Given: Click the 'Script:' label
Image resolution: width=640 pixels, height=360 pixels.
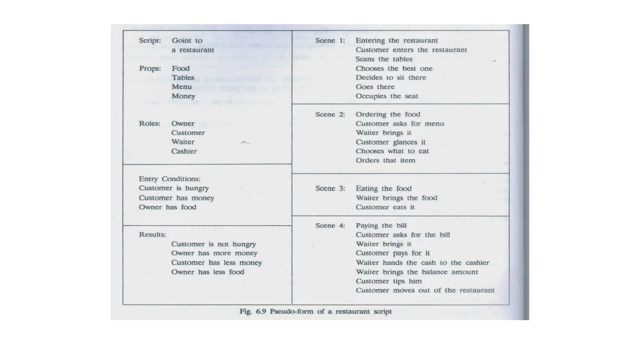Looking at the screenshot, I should click(x=150, y=41).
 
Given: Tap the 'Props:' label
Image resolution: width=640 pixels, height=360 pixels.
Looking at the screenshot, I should click(x=150, y=68).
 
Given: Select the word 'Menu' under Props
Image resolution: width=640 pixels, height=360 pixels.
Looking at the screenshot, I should click(x=182, y=87).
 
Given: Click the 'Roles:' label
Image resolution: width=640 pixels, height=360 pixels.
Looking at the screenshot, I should click(x=150, y=123).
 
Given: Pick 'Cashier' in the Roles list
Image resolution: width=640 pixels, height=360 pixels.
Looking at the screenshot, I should click(x=184, y=151).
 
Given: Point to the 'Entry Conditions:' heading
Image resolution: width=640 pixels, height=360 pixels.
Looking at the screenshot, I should click(x=169, y=179).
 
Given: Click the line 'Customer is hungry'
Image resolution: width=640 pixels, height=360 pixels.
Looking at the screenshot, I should click(x=174, y=188).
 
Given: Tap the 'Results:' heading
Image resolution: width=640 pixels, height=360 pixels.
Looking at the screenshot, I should click(x=152, y=235).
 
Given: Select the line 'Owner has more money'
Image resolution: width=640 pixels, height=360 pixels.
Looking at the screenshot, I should click(x=214, y=253).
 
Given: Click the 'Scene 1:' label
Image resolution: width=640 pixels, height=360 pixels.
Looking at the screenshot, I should click(x=330, y=41).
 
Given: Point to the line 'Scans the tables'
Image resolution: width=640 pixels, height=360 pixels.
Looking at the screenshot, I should click(x=384, y=59).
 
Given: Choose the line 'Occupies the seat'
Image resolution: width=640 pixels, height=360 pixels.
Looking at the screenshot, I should click(x=387, y=96).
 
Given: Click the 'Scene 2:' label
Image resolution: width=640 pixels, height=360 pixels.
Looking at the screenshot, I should click(x=330, y=114).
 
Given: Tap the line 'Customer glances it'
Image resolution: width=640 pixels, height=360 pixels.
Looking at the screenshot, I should click(x=390, y=142).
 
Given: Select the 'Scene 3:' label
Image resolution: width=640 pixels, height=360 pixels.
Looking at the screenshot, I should click(x=330, y=188).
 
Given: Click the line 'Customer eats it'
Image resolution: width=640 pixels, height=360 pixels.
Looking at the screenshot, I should click(x=385, y=207).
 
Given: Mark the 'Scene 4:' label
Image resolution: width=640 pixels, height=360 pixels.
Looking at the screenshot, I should click(x=330, y=226).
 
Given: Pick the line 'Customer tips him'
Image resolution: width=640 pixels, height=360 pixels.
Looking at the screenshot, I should click(x=388, y=281).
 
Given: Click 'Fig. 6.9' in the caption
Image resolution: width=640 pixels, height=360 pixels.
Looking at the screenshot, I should click(x=252, y=312).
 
